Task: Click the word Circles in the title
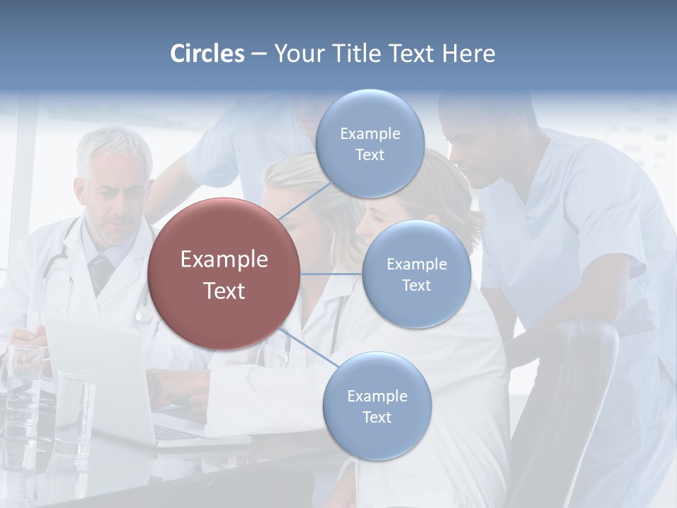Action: (207, 54)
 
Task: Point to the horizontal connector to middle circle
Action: (331, 274)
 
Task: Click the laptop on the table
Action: (106, 381)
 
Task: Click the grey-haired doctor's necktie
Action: (100, 271)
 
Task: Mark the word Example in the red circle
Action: (224, 260)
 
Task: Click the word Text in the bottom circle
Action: (377, 418)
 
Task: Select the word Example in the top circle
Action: (370, 133)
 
